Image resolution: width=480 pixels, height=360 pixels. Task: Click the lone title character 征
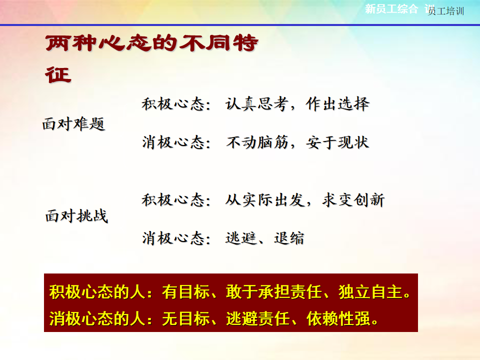point(58,75)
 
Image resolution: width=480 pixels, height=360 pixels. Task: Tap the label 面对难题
point(74,124)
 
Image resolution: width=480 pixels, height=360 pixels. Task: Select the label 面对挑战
point(76,216)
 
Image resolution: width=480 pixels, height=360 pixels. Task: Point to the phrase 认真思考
point(257,104)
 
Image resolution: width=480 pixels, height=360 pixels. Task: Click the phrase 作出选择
point(337,104)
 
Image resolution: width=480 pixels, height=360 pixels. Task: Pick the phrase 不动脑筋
point(257,142)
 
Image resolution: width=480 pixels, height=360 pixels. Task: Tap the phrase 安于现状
point(337,142)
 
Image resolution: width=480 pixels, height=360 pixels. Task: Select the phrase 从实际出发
point(265,200)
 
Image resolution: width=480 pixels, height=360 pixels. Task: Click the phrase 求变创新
point(353,200)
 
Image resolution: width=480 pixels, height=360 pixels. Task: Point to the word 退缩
point(289,238)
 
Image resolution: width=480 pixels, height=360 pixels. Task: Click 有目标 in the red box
point(186,291)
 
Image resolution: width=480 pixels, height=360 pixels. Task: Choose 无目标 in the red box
point(186,318)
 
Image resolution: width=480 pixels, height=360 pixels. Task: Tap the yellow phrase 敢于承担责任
point(273,291)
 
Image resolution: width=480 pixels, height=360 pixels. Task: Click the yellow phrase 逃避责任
point(258,318)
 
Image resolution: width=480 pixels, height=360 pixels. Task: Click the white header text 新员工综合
point(391,9)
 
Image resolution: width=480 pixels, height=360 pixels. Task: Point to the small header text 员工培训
point(446,11)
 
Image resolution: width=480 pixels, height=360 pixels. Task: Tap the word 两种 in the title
point(71,43)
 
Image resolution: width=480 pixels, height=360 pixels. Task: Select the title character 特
point(245,43)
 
